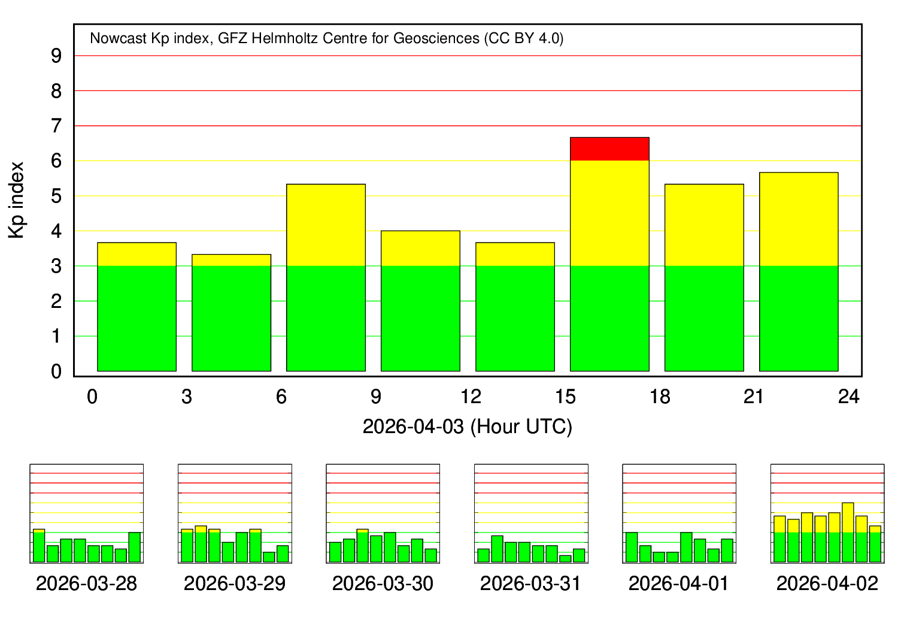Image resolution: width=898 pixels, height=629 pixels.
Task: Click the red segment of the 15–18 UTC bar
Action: [609, 149]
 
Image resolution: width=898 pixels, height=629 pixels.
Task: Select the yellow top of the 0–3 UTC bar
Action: [136, 254]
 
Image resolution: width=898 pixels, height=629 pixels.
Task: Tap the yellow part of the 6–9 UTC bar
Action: [326, 225]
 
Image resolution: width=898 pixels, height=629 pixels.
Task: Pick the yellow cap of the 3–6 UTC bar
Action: [231, 260]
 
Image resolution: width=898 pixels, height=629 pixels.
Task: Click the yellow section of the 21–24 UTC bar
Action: [799, 219]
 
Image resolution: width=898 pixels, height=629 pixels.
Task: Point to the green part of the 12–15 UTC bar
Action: [515, 318]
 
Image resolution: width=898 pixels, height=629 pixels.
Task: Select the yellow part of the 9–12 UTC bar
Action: [420, 248]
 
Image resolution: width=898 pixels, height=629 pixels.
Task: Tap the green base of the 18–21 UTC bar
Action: [704, 318]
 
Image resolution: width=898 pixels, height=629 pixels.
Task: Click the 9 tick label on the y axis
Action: [56, 56]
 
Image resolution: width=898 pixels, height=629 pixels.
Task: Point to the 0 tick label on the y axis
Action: [56, 371]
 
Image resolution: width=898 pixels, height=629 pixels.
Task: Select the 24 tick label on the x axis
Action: [848, 397]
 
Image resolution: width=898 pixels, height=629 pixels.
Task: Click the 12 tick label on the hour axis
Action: [471, 397]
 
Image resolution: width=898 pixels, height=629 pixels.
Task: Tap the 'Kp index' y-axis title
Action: [17, 200]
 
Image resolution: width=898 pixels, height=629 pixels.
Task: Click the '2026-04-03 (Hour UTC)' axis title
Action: [468, 427]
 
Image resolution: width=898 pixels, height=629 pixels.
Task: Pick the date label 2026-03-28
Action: [86, 583]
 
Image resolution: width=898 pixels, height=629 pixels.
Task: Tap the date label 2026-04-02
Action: [827, 583]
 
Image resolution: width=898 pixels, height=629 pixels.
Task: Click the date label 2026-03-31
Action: [530, 583]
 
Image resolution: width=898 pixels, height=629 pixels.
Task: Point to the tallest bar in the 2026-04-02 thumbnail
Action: [848, 532]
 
